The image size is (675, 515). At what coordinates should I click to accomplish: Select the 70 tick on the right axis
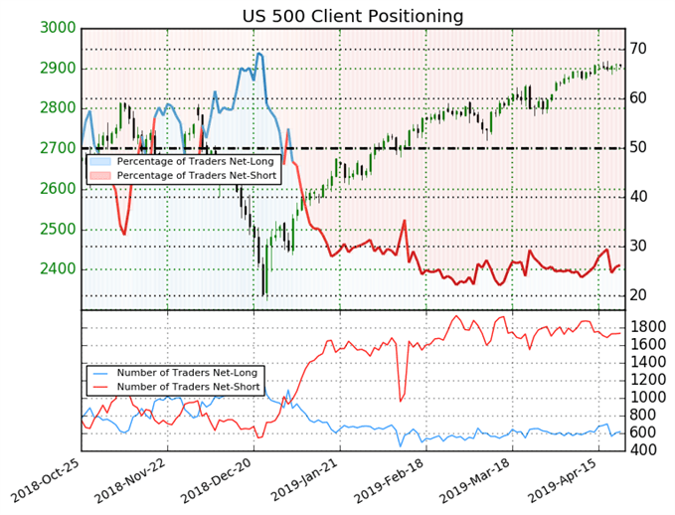point(638,49)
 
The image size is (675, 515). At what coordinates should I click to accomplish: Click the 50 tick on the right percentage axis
point(638,148)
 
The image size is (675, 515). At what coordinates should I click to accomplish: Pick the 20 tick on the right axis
point(638,295)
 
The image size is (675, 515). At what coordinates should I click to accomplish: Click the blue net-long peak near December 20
point(259,54)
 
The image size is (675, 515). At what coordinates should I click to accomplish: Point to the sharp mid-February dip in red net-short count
point(400,402)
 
